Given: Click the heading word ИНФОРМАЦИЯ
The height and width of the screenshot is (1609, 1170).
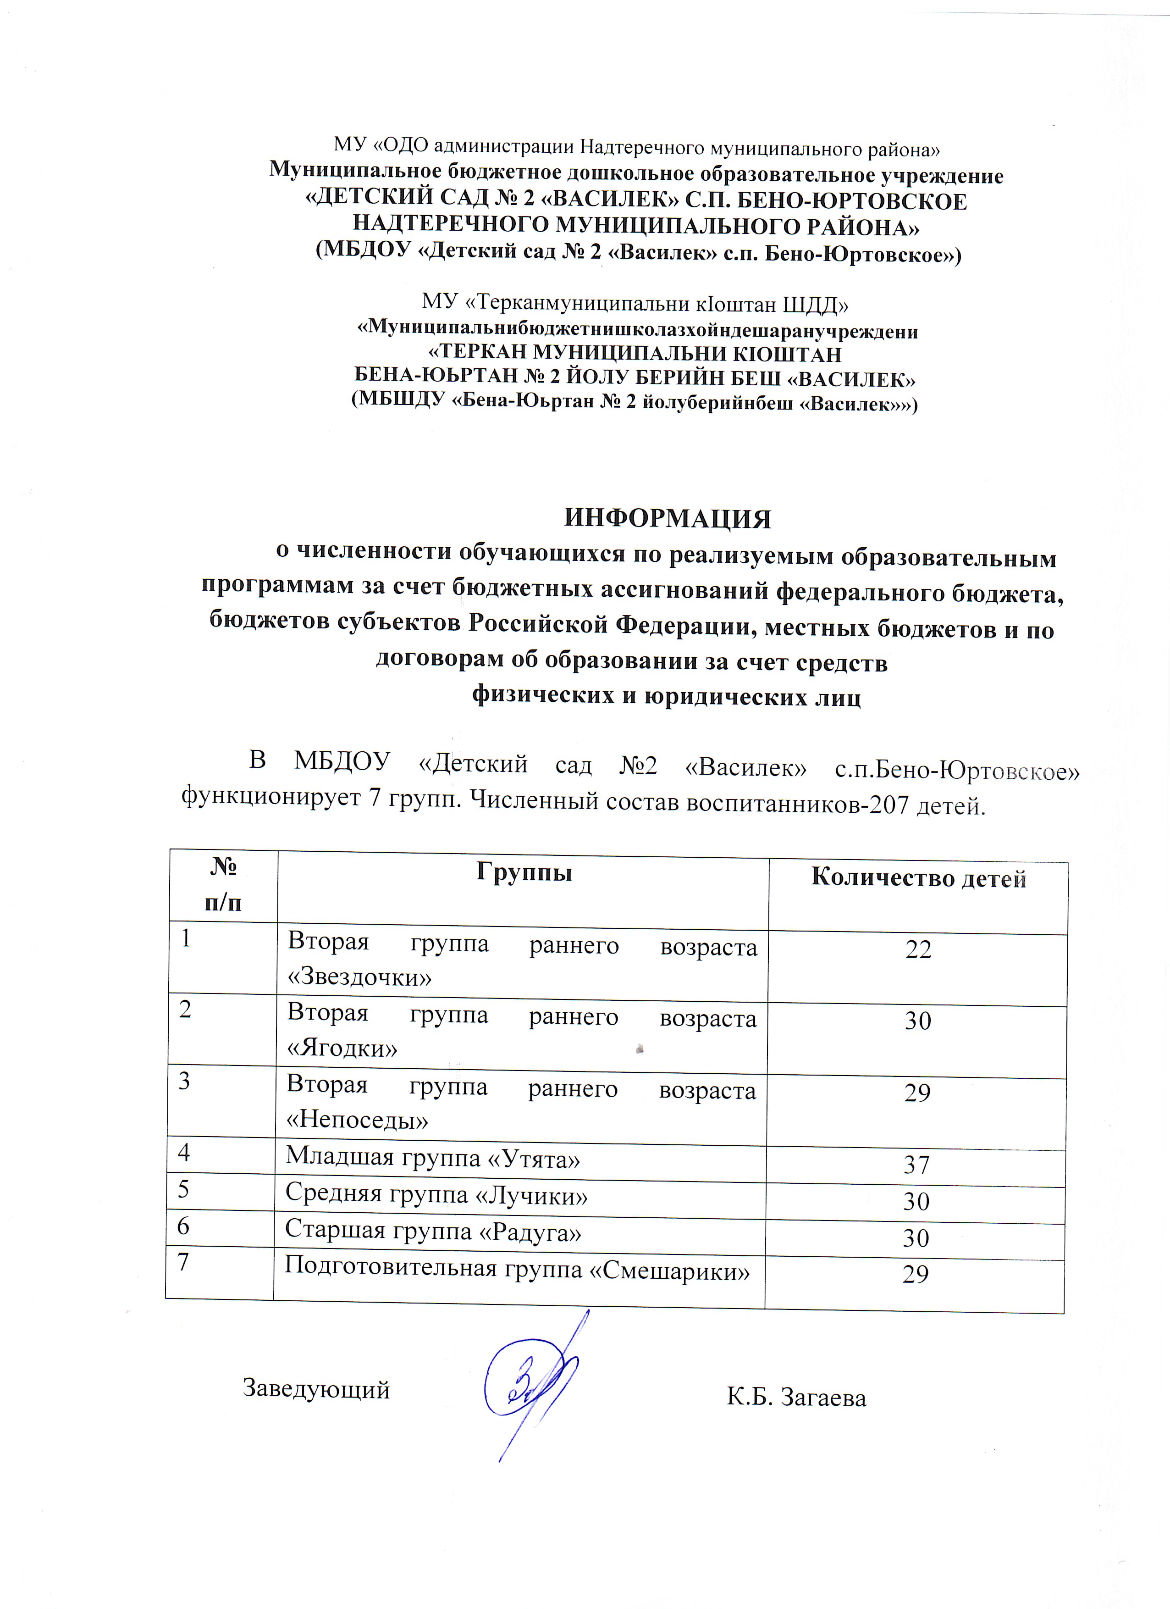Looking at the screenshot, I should click(x=667, y=519).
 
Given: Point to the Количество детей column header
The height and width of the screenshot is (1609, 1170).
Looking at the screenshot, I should click(x=918, y=878).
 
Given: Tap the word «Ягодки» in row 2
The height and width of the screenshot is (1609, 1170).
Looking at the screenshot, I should click(x=341, y=1048).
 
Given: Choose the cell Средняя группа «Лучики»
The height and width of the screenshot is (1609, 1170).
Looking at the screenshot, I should click(x=436, y=1195).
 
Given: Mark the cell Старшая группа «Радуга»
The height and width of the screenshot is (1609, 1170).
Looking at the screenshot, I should click(x=433, y=1232).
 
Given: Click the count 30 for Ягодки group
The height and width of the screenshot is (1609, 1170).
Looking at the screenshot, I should click(x=917, y=1021).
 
